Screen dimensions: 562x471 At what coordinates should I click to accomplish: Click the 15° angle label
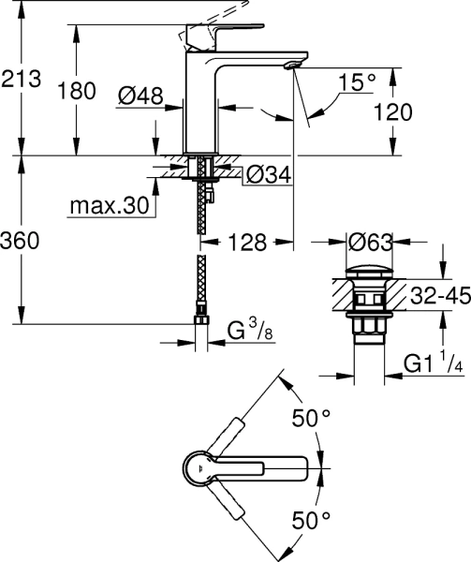point(358,84)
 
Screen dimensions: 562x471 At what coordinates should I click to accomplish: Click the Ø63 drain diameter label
point(370,242)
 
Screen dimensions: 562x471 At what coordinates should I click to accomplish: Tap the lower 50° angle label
point(311,517)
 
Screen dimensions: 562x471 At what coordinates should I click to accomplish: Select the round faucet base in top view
point(200,465)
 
